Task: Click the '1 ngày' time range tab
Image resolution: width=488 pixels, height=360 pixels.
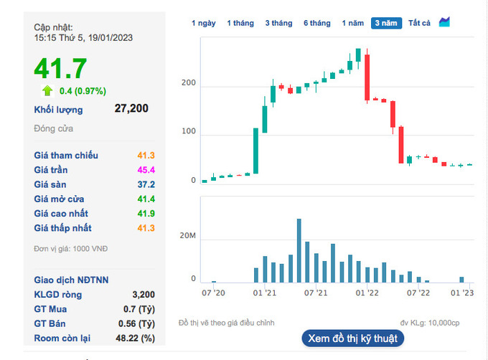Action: [204, 24]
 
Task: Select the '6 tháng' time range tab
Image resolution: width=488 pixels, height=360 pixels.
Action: [316, 24]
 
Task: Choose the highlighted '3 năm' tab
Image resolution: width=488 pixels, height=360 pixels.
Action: [386, 24]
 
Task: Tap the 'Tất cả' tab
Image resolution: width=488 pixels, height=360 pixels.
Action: [419, 24]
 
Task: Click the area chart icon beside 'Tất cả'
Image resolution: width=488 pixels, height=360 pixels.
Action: [444, 22]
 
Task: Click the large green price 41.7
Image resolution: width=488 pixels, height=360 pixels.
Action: [60, 68]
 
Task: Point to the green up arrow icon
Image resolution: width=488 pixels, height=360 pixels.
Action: [47, 90]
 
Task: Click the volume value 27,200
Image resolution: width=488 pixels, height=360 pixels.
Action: [131, 108]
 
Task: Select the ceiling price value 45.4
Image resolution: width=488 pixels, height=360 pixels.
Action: [146, 170]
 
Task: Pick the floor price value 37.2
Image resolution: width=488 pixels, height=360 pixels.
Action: [146, 184]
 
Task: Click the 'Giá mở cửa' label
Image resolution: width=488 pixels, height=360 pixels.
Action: [59, 199]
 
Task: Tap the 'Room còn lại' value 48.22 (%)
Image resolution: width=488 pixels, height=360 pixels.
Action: [135, 338]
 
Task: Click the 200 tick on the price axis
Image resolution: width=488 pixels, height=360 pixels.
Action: [189, 82]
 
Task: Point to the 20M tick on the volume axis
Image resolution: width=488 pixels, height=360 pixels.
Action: [188, 236]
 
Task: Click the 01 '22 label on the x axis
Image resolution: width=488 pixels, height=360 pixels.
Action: [367, 293]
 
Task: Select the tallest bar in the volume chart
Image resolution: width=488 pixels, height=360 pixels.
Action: [299, 250]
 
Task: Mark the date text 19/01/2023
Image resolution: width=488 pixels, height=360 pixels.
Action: [111, 37]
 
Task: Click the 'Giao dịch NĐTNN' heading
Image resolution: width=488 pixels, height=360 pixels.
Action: [71, 280]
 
